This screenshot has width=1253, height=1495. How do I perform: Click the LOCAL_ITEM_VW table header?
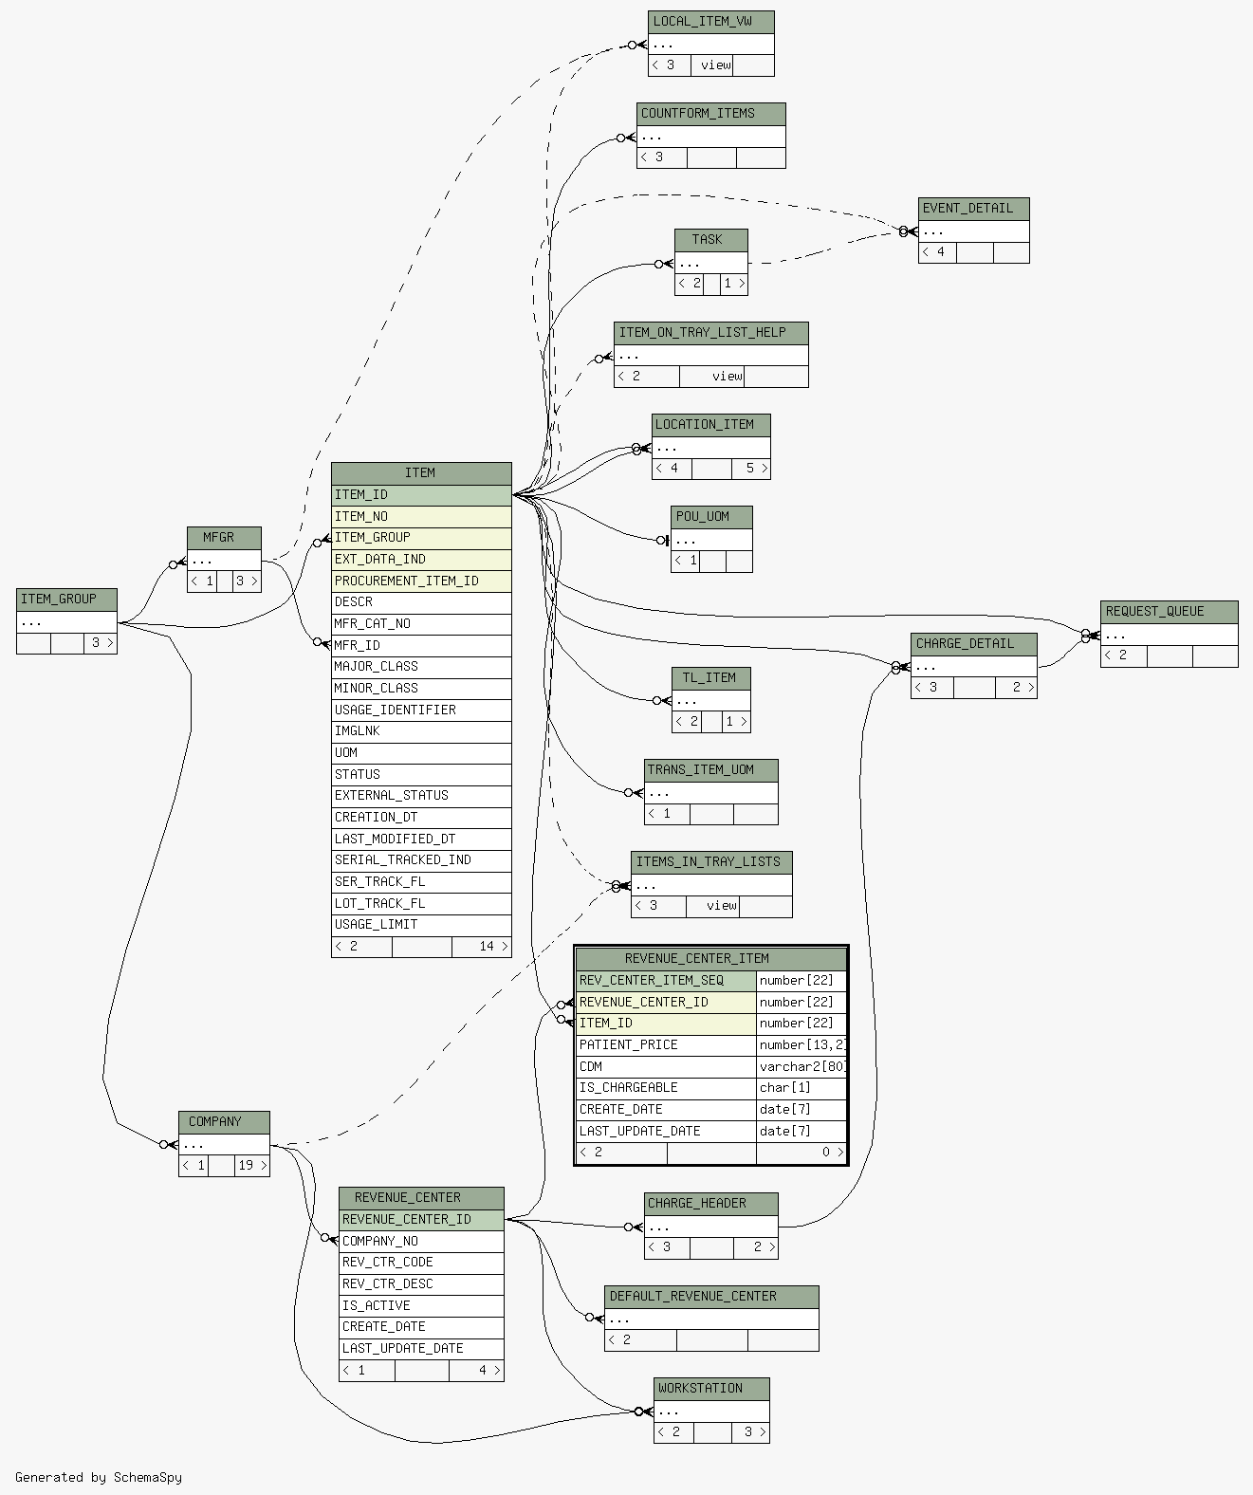click(710, 22)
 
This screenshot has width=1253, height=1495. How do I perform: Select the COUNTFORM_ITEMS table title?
click(710, 114)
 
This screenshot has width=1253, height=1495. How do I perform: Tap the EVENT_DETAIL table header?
click(973, 209)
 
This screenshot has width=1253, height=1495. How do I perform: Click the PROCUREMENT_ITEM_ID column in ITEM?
click(420, 581)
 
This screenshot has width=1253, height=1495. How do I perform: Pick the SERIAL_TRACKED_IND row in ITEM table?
click(420, 860)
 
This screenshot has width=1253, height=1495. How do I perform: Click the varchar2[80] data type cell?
click(802, 1067)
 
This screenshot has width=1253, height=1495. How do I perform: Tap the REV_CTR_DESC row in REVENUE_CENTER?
click(420, 1284)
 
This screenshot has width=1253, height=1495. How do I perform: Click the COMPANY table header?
click(224, 1122)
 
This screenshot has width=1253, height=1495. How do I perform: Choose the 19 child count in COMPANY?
click(247, 1166)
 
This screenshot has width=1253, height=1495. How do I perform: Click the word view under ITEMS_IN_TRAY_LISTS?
click(721, 906)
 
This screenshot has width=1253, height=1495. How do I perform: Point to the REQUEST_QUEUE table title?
click(1169, 612)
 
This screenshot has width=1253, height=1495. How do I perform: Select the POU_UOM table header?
click(711, 517)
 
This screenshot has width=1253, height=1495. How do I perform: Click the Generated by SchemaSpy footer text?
click(99, 1477)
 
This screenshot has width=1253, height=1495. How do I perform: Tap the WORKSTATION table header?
click(711, 1389)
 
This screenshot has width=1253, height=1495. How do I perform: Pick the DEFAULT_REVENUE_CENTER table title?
click(711, 1297)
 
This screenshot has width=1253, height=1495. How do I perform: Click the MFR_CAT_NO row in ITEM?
click(420, 624)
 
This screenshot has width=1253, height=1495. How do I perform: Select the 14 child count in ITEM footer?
click(487, 947)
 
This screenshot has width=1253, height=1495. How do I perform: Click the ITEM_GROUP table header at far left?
click(66, 600)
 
